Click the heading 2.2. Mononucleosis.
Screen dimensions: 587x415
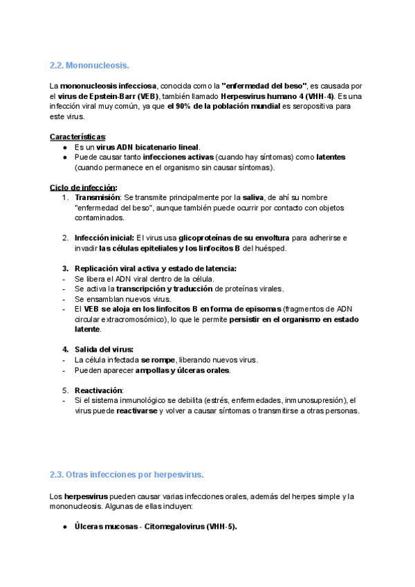click(x=89, y=66)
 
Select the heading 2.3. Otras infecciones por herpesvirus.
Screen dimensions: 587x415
click(x=127, y=475)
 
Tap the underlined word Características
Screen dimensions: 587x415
click(x=78, y=136)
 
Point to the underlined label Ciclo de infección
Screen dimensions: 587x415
click(x=83, y=187)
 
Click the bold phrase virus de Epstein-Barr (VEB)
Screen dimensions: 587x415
click(x=108, y=96)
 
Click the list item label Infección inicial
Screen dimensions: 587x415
click(x=104, y=237)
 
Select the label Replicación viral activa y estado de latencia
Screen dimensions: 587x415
click(x=156, y=268)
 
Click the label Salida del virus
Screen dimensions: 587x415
click(x=104, y=349)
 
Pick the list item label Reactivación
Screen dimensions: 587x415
click(x=98, y=390)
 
